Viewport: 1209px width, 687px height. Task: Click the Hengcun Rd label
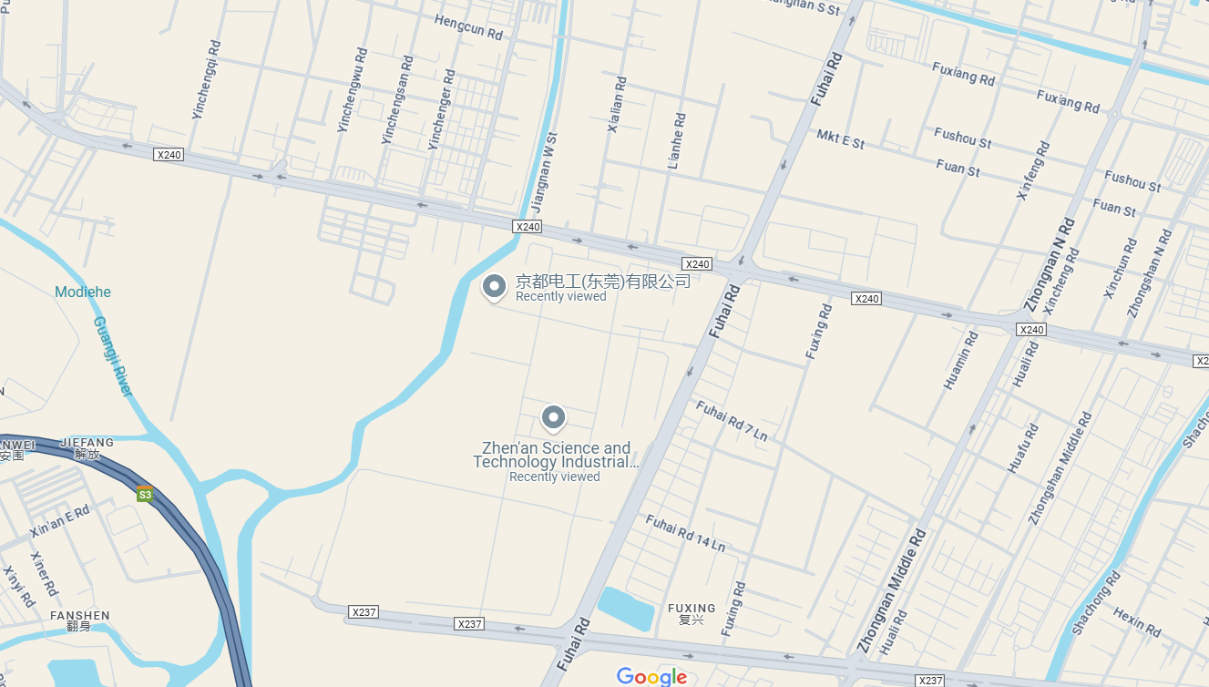(x=468, y=27)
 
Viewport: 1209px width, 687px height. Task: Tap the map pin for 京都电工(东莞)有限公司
(x=494, y=287)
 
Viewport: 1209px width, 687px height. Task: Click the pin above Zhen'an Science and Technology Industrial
(x=553, y=418)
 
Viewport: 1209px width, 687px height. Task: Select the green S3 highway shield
(x=144, y=495)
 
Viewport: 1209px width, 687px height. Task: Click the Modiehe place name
(x=83, y=292)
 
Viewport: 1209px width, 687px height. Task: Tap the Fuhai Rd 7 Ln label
(x=732, y=421)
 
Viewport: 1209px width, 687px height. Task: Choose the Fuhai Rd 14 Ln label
(x=685, y=534)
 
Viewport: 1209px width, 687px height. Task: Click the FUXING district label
(x=692, y=609)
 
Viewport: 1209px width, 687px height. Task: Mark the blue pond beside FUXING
(x=625, y=609)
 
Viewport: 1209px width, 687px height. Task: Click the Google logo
(x=651, y=676)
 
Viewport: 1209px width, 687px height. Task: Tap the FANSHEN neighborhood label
(x=80, y=616)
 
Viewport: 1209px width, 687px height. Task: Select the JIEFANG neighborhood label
(x=87, y=443)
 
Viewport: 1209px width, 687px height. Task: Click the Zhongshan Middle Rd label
(x=1060, y=468)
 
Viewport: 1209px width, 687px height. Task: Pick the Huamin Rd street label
(x=961, y=361)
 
